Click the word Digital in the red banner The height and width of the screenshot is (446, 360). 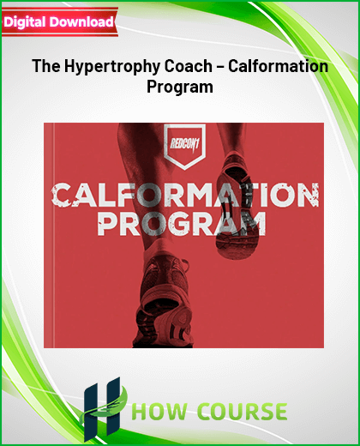point(25,22)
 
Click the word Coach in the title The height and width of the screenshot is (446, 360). point(188,66)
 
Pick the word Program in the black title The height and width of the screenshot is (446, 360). point(180,87)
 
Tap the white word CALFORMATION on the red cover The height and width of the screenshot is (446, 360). point(185,196)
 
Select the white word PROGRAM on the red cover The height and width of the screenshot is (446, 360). point(182,225)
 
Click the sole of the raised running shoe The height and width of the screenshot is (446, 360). point(237,206)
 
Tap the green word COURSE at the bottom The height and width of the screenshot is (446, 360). point(243,412)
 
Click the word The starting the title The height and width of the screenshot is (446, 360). point(46,66)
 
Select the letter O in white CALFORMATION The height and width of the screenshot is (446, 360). point(150,196)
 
